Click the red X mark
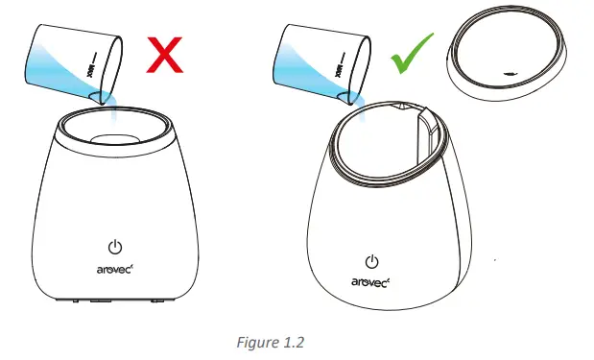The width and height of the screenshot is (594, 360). pos(165,55)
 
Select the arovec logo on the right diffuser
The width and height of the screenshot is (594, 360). pos(373,285)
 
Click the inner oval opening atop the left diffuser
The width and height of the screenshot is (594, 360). pos(114,138)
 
